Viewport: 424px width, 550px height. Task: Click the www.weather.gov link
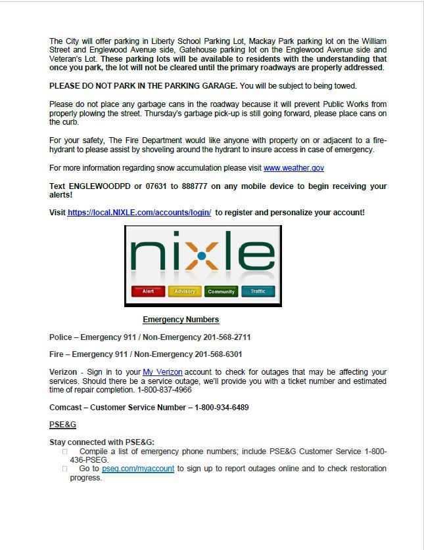[x=293, y=168]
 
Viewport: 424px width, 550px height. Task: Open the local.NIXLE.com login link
[x=139, y=213]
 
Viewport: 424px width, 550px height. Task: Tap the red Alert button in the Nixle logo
[x=148, y=291]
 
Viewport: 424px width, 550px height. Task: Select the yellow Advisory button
[x=185, y=291]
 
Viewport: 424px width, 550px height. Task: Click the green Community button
[x=221, y=291]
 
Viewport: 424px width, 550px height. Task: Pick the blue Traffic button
[x=258, y=291]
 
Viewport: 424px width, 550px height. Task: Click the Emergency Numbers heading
[x=181, y=320]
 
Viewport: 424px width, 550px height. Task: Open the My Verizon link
[x=162, y=372]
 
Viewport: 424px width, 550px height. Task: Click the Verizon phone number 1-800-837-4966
[x=164, y=390]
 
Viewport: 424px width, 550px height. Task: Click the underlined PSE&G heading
[x=63, y=425]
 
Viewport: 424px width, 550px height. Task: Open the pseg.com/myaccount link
[x=138, y=469]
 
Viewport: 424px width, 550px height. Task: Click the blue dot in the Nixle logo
[x=202, y=255]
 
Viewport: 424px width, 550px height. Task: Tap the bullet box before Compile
[x=65, y=452]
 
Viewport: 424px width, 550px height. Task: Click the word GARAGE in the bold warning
[x=218, y=86]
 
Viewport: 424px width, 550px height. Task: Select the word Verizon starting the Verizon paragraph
[x=63, y=372]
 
